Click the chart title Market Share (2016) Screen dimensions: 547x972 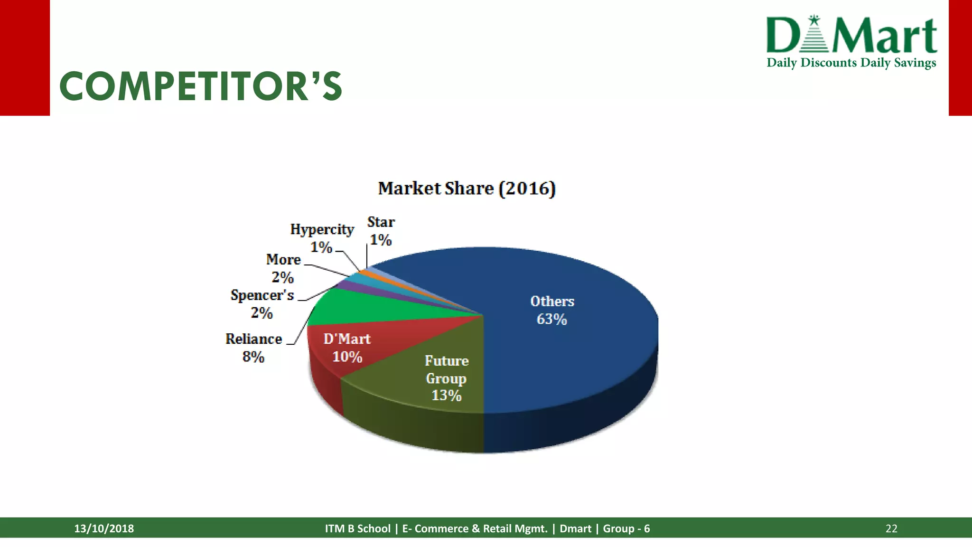pos(467,189)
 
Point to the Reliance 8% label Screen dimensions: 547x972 pos(253,348)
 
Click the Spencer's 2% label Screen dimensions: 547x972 pos(262,304)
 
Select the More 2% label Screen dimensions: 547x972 pos(283,268)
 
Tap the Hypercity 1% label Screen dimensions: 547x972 pos(322,238)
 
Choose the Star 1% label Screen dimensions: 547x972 pos(381,231)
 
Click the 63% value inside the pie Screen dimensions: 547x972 pos(551,319)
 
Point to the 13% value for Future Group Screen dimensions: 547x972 pos(446,395)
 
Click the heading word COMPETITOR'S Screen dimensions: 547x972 pos(200,86)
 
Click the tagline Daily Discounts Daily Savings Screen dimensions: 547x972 pos(851,63)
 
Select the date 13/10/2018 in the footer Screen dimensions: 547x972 pos(104,528)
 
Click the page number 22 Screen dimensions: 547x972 pos(891,528)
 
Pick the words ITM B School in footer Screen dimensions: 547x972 pos(357,528)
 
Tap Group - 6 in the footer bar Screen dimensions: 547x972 pos(626,528)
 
